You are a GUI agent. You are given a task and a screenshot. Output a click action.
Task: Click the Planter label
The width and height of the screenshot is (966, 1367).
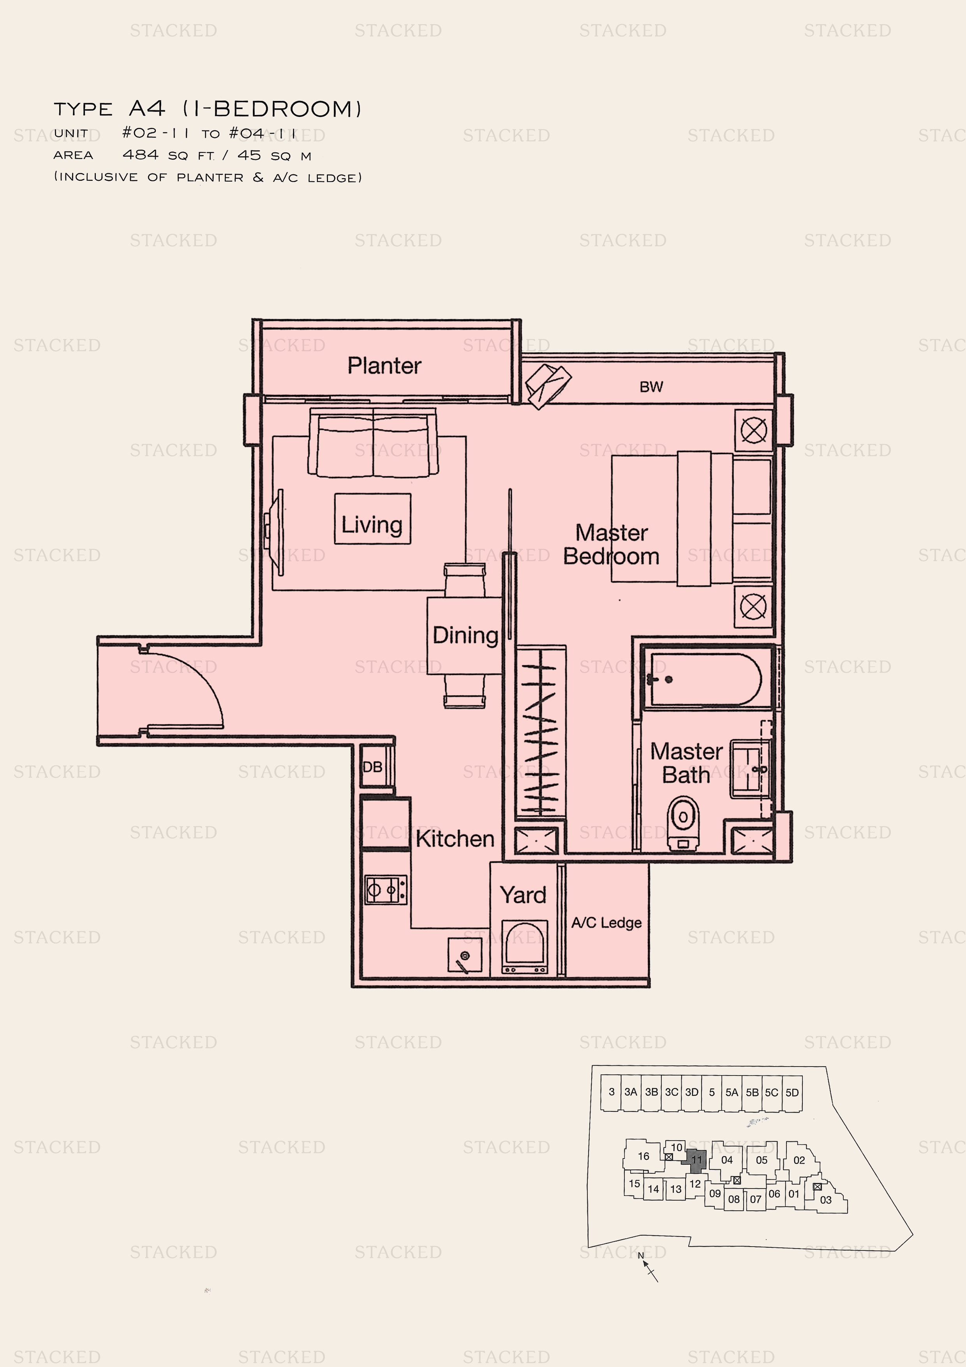pyautogui.click(x=384, y=366)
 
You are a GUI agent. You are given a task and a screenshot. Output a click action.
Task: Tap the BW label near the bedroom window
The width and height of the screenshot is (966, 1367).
pyautogui.click(x=651, y=387)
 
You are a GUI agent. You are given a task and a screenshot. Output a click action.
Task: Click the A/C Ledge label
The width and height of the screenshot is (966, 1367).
pyautogui.click(x=606, y=923)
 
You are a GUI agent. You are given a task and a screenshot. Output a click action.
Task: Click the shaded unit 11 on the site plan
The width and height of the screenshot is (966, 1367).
pyautogui.click(x=696, y=1160)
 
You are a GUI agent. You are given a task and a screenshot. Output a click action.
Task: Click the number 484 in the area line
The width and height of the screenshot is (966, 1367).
pyautogui.click(x=141, y=155)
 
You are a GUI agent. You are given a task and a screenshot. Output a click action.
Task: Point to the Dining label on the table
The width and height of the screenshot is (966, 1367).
pyautogui.click(x=465, y=635)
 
